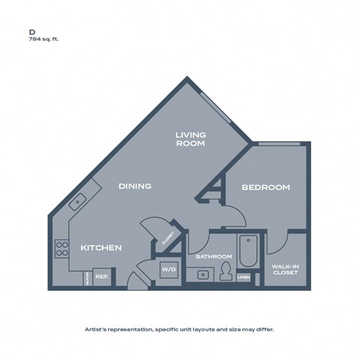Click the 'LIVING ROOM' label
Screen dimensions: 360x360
coord(190,139)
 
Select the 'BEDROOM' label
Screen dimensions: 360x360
coord(265,187)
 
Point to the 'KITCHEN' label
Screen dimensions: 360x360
coord(101,247)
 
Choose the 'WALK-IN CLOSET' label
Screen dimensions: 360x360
coord(285,268)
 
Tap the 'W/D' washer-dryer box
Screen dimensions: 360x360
coord(167,271)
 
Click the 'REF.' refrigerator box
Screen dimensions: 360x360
coord(101,277)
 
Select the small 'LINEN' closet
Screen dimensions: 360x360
coord(243,277)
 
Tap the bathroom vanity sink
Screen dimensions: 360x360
coord(202,274)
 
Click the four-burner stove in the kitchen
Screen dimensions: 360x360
coord(61,248)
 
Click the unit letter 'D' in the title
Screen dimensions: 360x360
coord(32,32)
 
